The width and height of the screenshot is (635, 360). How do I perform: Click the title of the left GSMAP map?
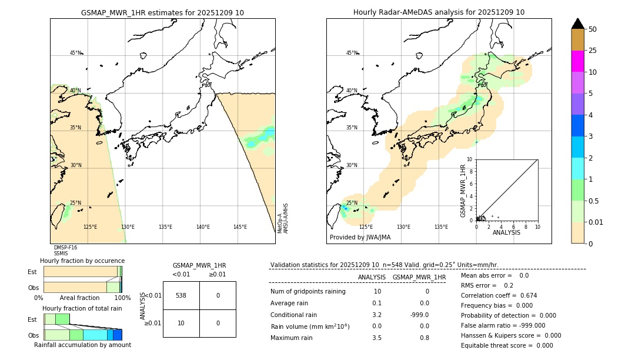[162, 12]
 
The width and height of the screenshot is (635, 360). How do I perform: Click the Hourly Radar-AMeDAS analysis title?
[439, 12]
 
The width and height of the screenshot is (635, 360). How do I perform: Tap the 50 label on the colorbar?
[593, 29]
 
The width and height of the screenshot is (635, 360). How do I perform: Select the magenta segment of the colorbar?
[577, 61]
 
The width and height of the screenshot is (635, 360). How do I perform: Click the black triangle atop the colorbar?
[577, 24]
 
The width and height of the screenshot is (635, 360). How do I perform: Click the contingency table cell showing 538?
[181, 295]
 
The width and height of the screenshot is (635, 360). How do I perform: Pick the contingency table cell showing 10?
[181, 323]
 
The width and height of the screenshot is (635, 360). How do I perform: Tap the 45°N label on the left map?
[75, 53]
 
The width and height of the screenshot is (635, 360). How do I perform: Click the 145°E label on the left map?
[240, 227]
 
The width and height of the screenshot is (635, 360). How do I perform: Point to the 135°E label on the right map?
[441, 227]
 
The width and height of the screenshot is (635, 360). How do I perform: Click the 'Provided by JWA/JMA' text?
[360, 238]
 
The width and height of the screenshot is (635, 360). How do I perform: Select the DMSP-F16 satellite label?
[65, 248]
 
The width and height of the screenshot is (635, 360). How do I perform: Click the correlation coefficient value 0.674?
[524, 296]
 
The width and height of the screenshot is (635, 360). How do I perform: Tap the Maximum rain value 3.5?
[376, 338]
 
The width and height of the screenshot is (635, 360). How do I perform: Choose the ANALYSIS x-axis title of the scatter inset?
[506, 232]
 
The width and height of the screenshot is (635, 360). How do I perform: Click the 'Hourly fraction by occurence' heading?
[82, 261]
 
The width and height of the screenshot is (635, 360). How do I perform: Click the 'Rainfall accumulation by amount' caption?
[82, 345]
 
